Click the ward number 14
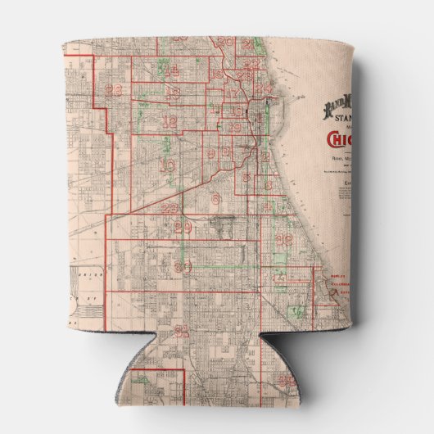coord(172,71)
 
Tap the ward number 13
coord(174,94)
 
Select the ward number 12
coord(170,123)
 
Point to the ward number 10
coord(167,166)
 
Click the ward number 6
coord(215,198)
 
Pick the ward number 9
coord(210,154)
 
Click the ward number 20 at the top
coord(224,41)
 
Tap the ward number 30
coord(182,267)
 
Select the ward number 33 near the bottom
coord(285,380)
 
